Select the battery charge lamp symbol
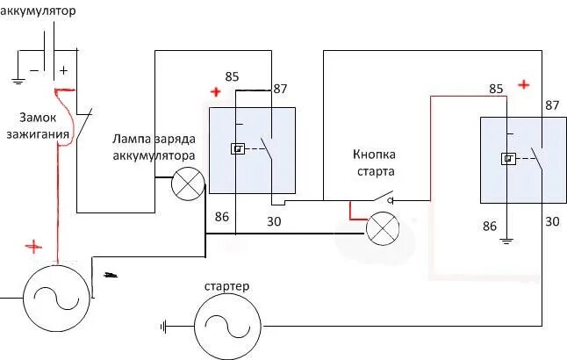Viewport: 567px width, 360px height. tap(186, 184)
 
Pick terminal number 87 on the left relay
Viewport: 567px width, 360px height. tap(281, 89)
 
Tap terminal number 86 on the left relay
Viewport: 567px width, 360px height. tap(221, 216)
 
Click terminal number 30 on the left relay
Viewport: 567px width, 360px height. tap(274, 223)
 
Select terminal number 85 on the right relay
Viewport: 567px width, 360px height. tap(496, 89)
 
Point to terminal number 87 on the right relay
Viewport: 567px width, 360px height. tap(551, 105)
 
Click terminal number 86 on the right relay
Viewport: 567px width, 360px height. tap(490, 227)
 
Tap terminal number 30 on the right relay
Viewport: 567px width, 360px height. tap(552, 221)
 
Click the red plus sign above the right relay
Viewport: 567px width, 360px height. tap(524, 84)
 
